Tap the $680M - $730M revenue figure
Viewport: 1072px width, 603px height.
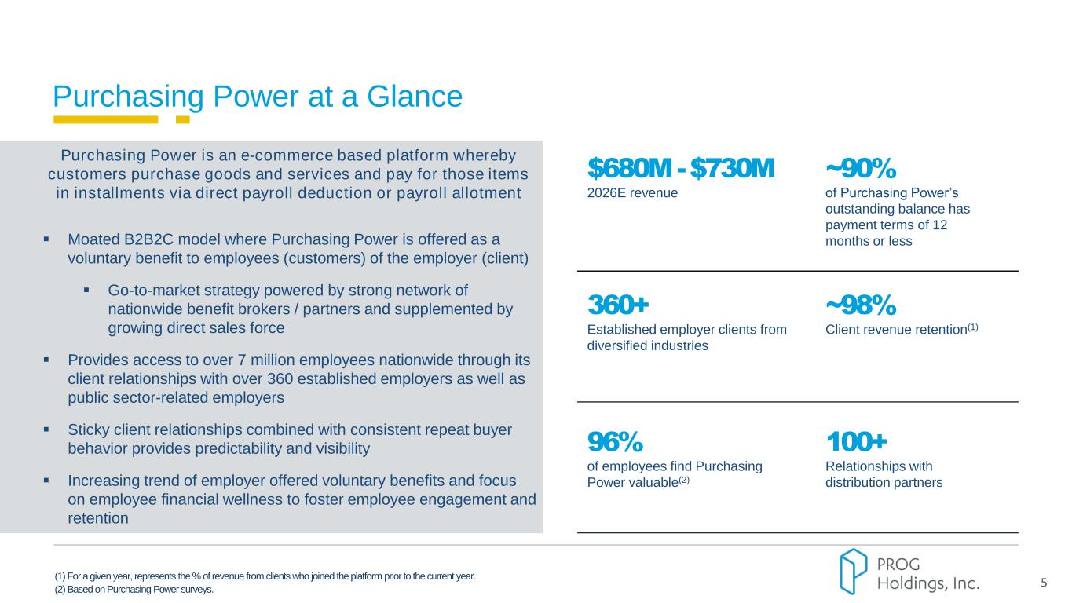pos(680,167)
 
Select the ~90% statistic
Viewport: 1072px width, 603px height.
pos(860,167)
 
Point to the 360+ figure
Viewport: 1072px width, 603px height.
pos(618,304)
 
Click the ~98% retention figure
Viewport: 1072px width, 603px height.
pos(860,304)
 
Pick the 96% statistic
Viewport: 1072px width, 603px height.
pos(615,441)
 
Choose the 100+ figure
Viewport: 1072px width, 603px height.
pos(856,441)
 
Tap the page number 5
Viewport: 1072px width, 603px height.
pos(1044,583)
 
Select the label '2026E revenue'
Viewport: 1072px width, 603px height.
pos(632,192)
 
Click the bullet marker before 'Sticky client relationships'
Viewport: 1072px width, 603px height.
pos(47,430)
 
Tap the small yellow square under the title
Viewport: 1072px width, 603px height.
pos(182,120)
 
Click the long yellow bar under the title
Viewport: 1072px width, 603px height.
pos(105,120)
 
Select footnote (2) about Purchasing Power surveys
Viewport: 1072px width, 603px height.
pos(134,590)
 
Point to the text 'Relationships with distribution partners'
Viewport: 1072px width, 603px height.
pos(884,474)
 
